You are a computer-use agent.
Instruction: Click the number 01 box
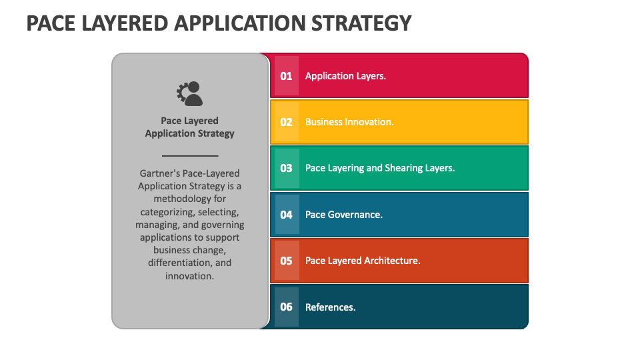[286, 76]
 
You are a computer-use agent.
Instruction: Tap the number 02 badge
[286, 122]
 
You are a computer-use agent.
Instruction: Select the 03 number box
[286, 168]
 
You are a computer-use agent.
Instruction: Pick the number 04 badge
[286, 215]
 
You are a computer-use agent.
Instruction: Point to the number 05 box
[286, 261]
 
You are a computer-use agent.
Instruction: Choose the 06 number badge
[286, 307]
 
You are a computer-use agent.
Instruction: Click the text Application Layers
[345, 76]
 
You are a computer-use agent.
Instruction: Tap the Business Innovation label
[349, 122]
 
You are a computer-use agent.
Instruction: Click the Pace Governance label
[343, 215]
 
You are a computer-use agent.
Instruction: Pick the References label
[330, 307]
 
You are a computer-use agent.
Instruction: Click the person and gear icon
[189, 93]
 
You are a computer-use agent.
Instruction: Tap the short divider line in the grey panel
[190, 155]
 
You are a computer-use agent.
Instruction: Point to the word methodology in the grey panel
[190, 199]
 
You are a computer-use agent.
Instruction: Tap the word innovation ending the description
[190, 275]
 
